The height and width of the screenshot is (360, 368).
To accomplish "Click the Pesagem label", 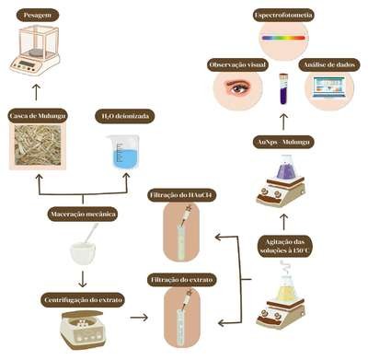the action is click(x=37, y=15).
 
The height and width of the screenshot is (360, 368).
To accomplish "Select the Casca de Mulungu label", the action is click(x=38, y=116).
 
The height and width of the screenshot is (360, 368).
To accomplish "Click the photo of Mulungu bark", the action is click(x=38, y=145).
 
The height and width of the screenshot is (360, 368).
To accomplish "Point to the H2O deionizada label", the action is click(x=125, y=116).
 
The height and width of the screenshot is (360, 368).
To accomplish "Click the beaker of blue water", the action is click(x=123, y=152).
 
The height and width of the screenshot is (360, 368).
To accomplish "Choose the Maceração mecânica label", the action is click(x=83, y=214).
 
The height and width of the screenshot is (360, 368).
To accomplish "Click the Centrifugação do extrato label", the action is click(x=83, y=299).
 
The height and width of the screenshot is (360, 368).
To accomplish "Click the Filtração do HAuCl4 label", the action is click(x=182, y=195).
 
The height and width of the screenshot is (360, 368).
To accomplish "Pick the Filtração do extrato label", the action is click(x=182, y=280).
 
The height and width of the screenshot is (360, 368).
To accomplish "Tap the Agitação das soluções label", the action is click(x=285, y=246).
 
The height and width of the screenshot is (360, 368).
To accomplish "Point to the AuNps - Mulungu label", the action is click(x=284, y=142).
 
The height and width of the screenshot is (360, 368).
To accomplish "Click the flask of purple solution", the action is click(x=287, y=168).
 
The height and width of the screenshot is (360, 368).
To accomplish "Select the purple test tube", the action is click(x=283, y=88).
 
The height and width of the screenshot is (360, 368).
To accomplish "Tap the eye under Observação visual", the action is click(x=238, y=87).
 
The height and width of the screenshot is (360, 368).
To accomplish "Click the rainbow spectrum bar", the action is click(x=283, y=38).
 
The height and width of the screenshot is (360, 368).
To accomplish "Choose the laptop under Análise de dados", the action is click(x=328, y=87).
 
